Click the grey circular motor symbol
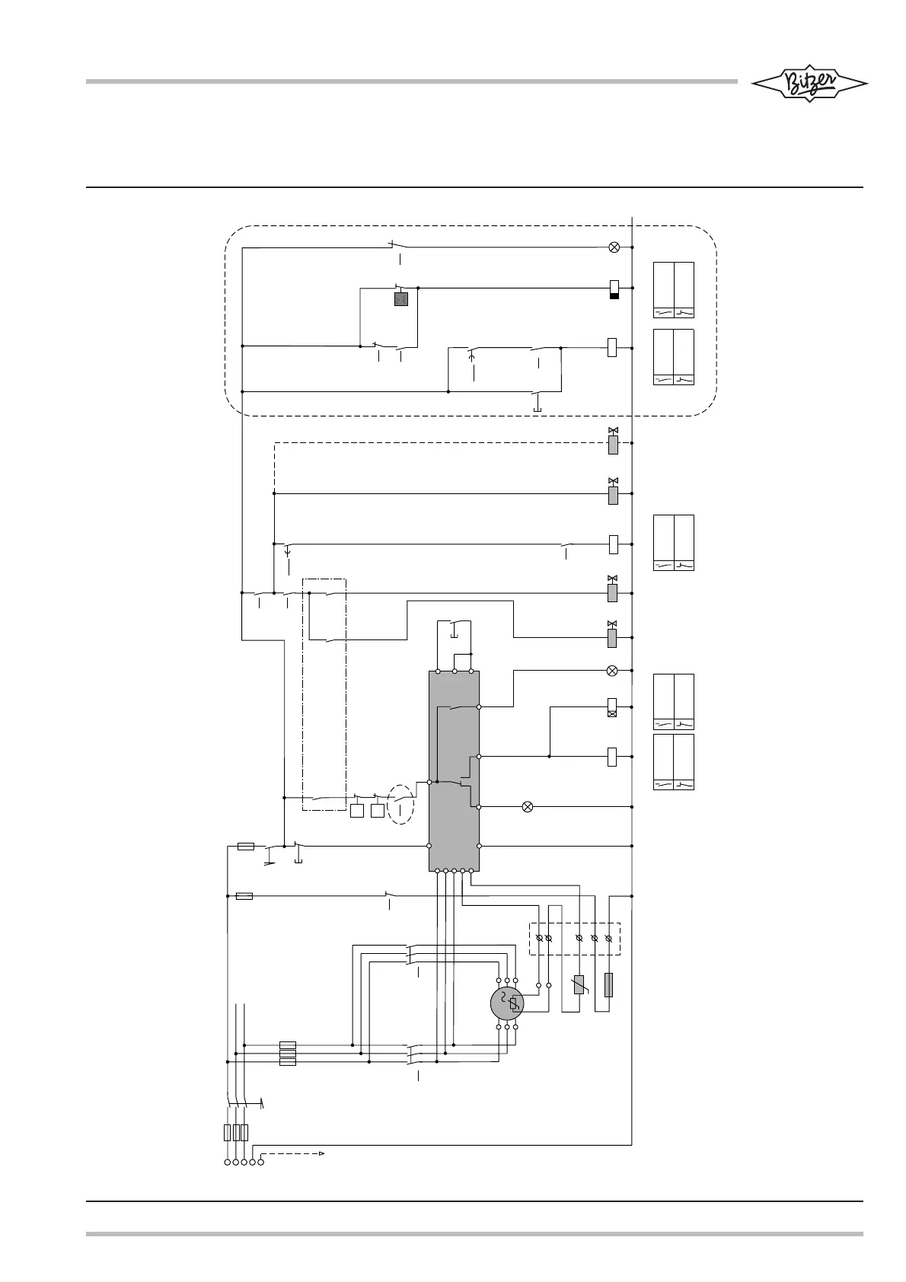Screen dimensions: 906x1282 pos(507,1003)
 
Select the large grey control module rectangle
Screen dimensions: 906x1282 pos(454,770)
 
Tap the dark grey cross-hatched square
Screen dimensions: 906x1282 pos(401,299)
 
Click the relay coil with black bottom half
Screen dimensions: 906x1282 pos(614,289)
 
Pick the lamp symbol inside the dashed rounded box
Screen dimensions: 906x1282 pos(614,247)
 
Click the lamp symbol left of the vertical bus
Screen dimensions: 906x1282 pos(527,806)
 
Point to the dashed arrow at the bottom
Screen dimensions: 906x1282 pos(293,1154)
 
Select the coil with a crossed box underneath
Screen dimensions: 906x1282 pos(612,708)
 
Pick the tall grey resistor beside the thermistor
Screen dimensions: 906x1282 pos(608,985)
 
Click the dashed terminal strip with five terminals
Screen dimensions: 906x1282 pos(575,939)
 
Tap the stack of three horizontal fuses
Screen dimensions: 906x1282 pos(288,1054)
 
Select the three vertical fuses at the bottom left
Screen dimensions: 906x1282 pos(236,1132)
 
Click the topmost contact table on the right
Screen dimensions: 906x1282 pos(674,290)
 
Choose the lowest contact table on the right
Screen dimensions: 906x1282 pos(674,762)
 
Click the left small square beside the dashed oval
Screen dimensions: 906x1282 pos(358,810)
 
